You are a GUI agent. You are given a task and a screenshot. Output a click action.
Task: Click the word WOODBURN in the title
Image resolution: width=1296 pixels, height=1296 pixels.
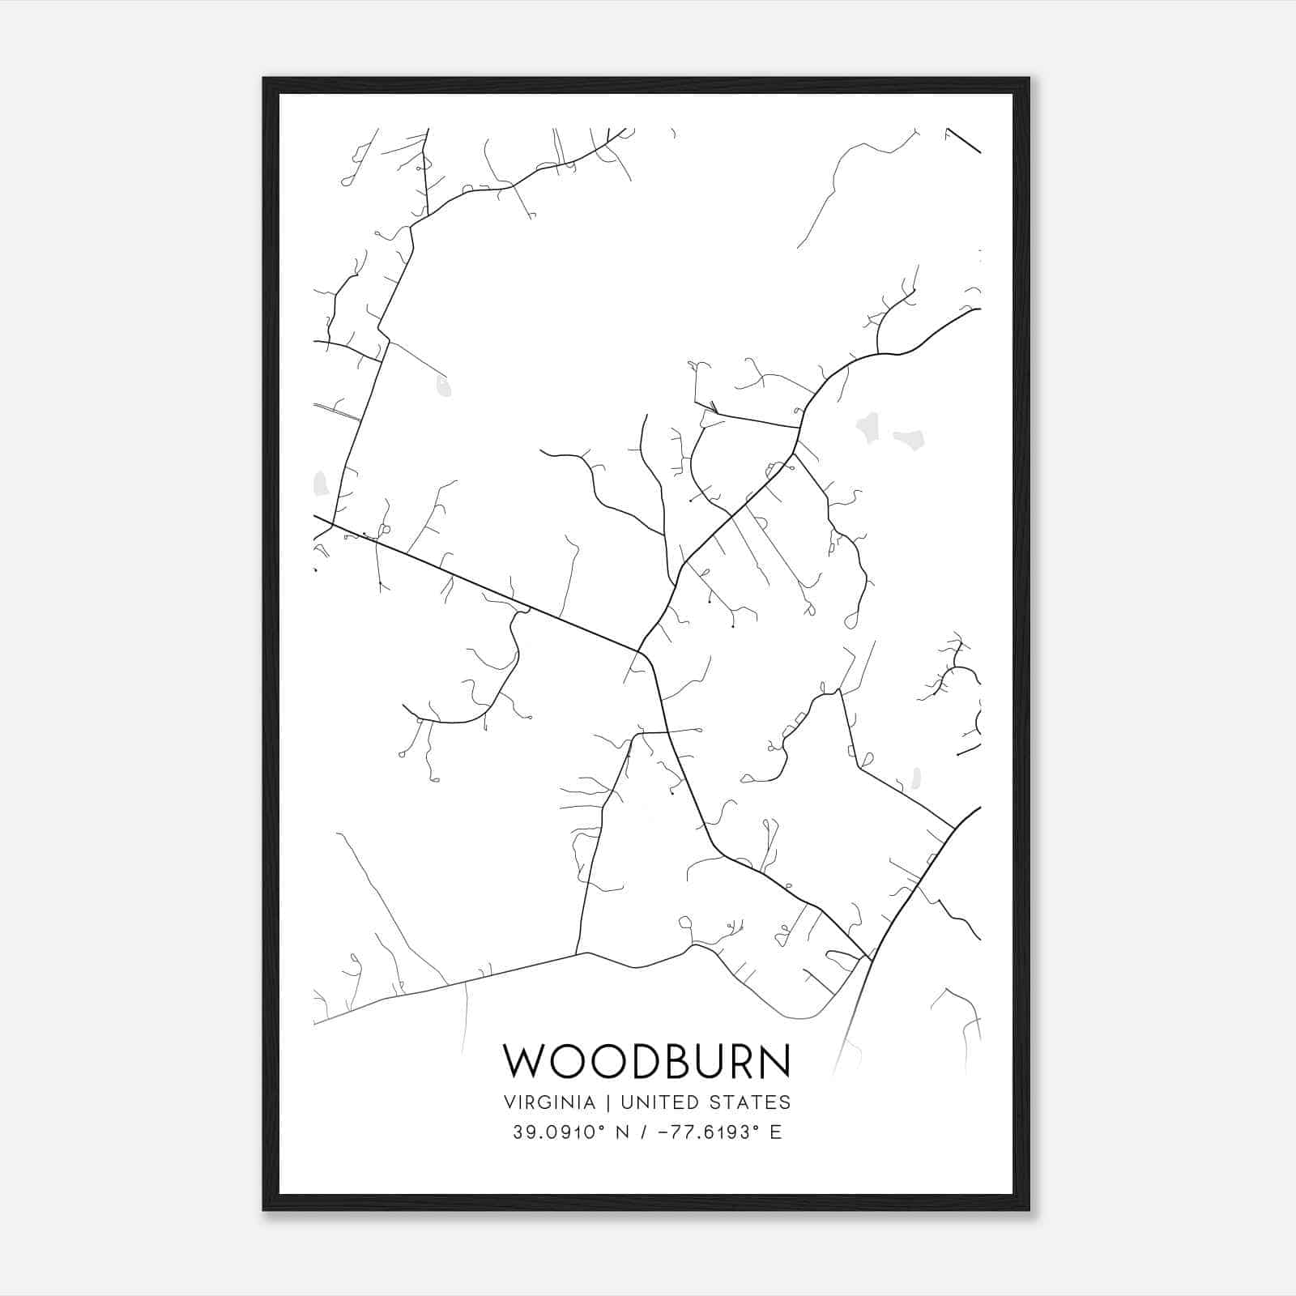click(646, 1061)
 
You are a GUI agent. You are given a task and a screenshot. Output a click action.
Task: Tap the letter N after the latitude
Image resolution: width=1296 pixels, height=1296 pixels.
click(623, 1132)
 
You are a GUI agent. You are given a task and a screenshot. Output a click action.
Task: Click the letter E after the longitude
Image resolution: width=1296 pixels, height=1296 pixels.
click(776, 1132)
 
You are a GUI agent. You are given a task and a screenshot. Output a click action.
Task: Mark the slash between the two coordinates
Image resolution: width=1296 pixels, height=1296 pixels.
click(645, 1132)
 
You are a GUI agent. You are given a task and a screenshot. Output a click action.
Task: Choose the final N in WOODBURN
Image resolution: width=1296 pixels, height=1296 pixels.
click(773, 1061)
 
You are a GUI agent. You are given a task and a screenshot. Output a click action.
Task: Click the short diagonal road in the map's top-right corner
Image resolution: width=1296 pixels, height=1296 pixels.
click(964, 140)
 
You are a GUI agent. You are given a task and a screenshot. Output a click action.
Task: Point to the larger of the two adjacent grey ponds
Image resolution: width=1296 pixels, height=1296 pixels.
click(869, 427)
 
